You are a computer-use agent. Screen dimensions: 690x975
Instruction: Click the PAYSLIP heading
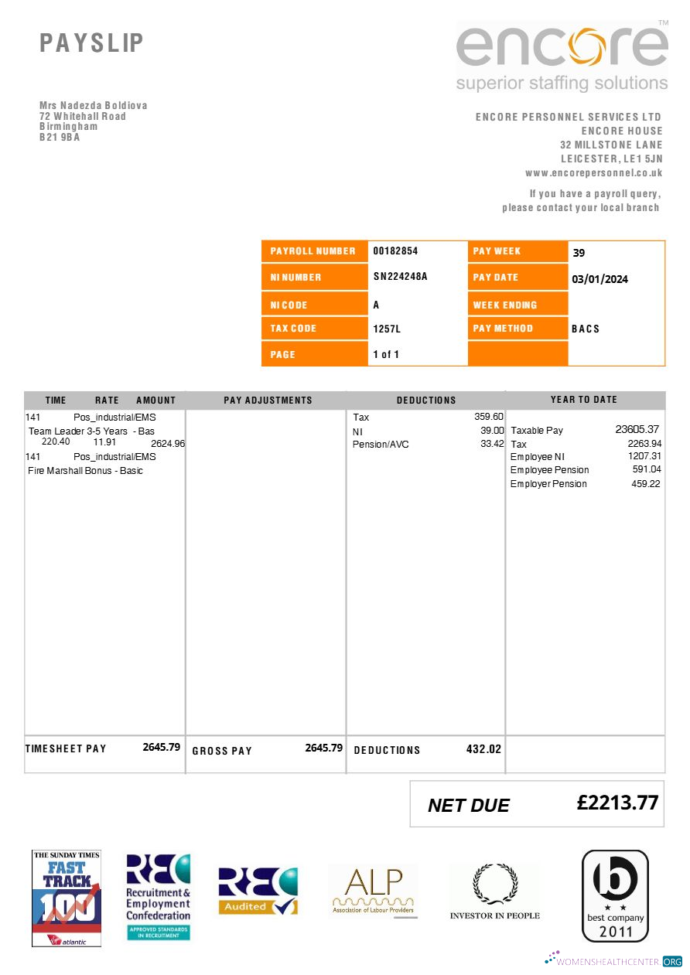tap(92, 43)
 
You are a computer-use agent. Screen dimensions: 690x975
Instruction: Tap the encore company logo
tap(562, 56)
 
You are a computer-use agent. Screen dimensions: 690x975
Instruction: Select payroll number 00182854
tap(395, 251)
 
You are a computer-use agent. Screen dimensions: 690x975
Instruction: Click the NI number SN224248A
tap(400, 277)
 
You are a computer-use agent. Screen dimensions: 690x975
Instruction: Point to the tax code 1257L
tap(387, 329)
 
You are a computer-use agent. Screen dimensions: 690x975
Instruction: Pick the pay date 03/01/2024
tap(599, 279)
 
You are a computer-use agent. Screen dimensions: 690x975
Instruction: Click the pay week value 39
tap(579, 253)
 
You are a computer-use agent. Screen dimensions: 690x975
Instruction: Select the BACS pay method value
tap(586, 329)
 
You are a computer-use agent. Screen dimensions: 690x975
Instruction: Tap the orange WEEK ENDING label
tap(504, 305)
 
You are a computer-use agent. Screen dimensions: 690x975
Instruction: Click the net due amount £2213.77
tap(617, 803)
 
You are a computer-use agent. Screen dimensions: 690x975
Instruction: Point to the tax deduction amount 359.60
tap(489, 417)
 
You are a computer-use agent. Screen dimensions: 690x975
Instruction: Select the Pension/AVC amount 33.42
tap(492, 445)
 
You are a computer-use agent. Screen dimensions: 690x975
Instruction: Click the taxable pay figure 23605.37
tap(637, 429)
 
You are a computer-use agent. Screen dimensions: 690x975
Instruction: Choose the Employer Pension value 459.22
tap(646, 484)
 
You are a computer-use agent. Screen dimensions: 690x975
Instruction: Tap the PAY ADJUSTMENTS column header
tap(268, 401)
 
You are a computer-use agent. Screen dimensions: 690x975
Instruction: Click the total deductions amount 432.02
tap(483, 749)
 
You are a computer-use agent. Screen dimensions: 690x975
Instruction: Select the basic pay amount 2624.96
tap(168, 444)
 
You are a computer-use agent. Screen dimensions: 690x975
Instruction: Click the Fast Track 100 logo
tap(67, 898)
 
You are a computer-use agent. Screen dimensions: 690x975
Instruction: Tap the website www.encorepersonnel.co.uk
tap(593, 173)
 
